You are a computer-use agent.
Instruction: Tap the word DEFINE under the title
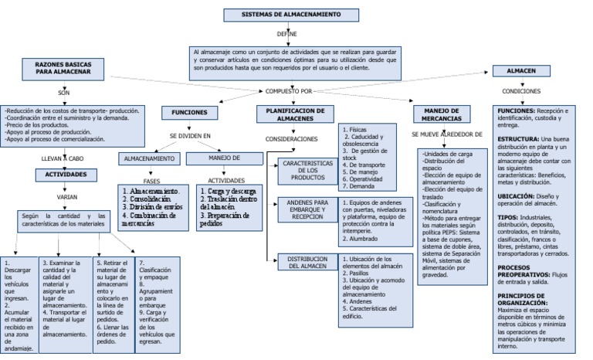(x=287, y=34)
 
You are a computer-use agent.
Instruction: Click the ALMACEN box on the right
(x=521, y=70)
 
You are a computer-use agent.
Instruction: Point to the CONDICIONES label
(x=521, y=91)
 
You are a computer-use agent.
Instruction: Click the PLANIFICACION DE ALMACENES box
(x=294, y=114)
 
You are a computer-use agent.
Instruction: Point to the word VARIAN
(x=67, y=197)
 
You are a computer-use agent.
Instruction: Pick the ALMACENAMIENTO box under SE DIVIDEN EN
(x=149, y=158)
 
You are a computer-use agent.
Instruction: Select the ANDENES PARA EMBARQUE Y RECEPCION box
(x=307, y=210)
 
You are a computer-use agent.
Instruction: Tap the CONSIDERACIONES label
(x=292, y=139)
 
